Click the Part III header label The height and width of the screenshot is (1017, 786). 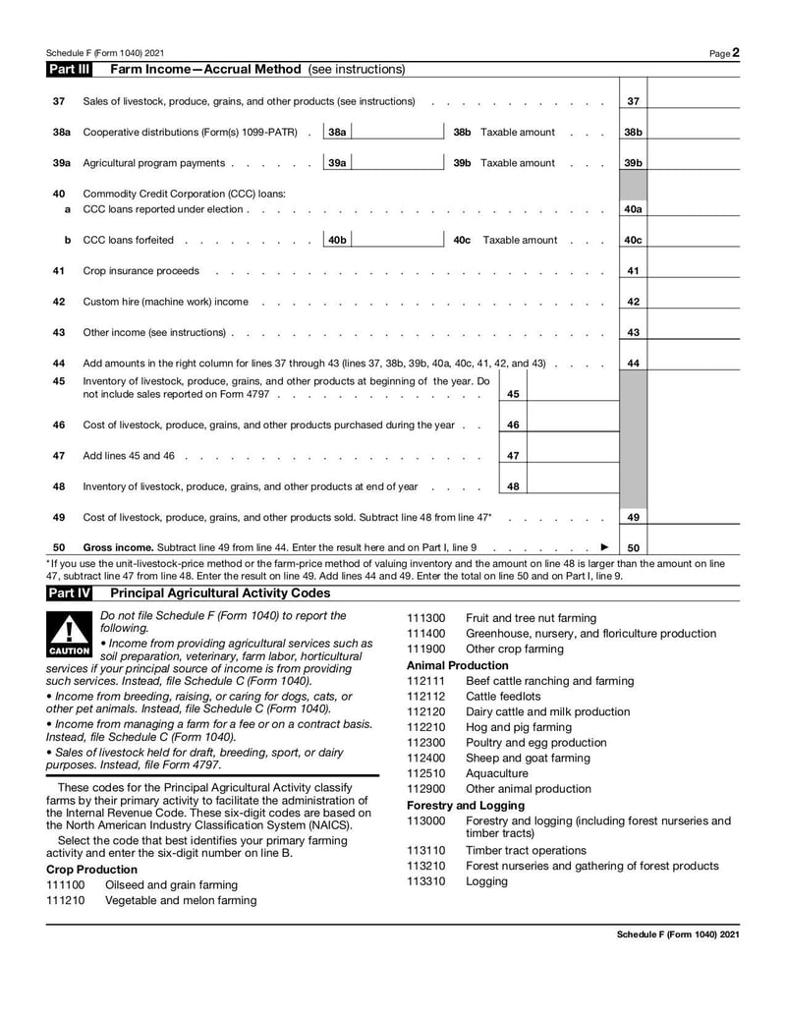point(69,70)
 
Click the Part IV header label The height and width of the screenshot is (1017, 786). point(69,593)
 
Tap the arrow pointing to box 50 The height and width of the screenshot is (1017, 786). point(604,547)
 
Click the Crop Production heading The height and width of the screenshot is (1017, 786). point(91,870)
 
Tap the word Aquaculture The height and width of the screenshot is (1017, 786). point(500,773)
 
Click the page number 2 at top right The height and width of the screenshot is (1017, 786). point(735,52)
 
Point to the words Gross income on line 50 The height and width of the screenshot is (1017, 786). point(117,547)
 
